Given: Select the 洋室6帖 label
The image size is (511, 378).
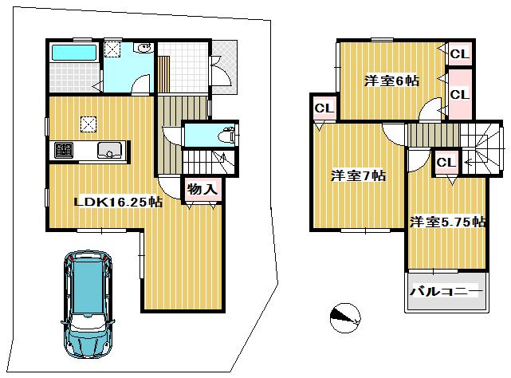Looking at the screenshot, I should click(392, 80).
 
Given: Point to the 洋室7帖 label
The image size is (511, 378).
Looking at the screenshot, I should click(358, 175).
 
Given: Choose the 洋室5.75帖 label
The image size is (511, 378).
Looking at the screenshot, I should click(448, 222).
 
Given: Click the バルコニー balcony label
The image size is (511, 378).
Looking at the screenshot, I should click(446, 291).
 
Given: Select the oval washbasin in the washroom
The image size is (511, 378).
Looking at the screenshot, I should click(143, 49).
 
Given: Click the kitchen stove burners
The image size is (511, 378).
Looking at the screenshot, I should click(63, 149).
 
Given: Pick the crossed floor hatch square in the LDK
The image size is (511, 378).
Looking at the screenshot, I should click(88, 124).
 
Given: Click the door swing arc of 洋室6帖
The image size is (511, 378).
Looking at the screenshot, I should click(431, 110).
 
